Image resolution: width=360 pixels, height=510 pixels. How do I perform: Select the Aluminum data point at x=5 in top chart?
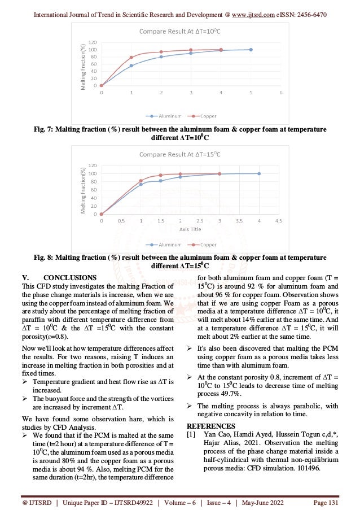pos(251,50)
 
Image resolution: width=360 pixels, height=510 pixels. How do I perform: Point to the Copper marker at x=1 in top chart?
pos(131,58)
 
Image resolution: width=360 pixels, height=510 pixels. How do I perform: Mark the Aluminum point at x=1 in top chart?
pos(131,66)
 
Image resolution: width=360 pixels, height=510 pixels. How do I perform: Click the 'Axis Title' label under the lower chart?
pos(180,230)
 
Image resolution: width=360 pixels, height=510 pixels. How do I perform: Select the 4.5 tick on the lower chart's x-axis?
pos(278,221)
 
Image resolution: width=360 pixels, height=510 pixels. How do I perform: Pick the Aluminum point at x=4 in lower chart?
pos(259,173)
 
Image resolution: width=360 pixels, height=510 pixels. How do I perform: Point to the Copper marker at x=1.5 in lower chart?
pos(160,175)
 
